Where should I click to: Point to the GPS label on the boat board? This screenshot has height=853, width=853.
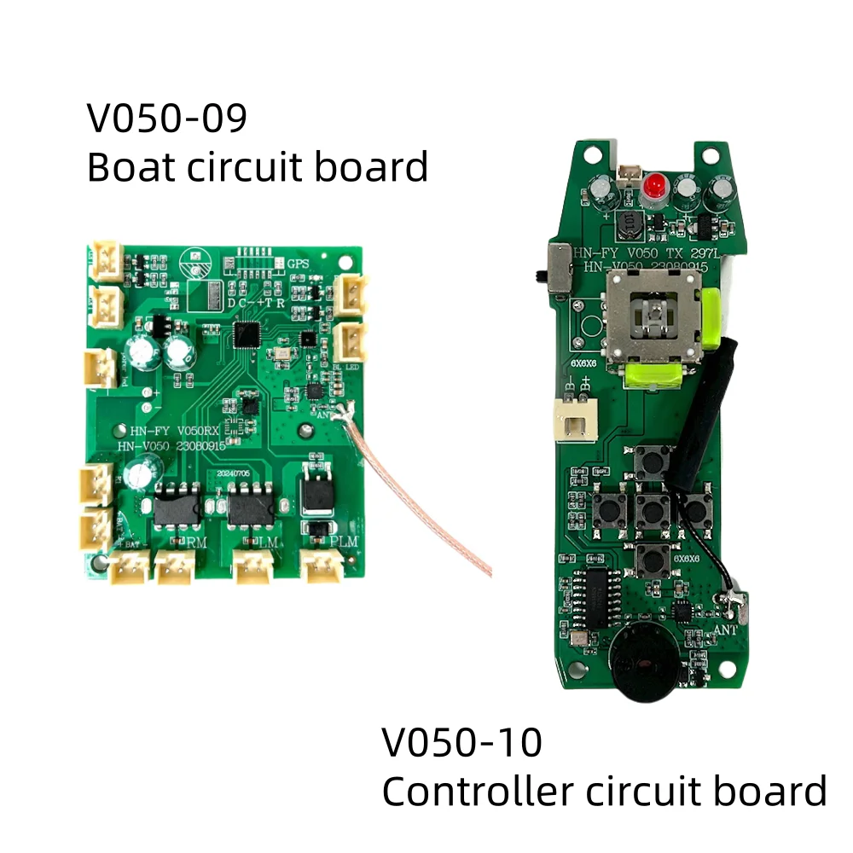coord(299,264)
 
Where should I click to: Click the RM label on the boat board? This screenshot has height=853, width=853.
coord(196,542)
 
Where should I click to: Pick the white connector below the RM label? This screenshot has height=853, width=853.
coord(175,566)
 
